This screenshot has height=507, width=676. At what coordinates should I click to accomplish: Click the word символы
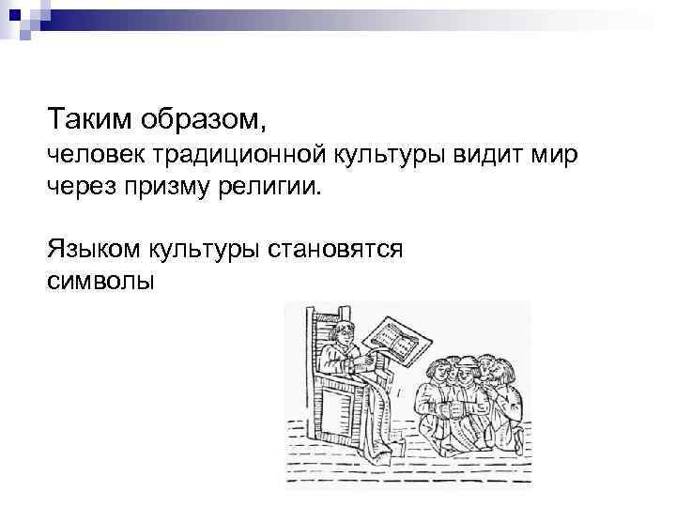coord(99,281)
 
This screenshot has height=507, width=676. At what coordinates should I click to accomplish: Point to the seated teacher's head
coord(344,334)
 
